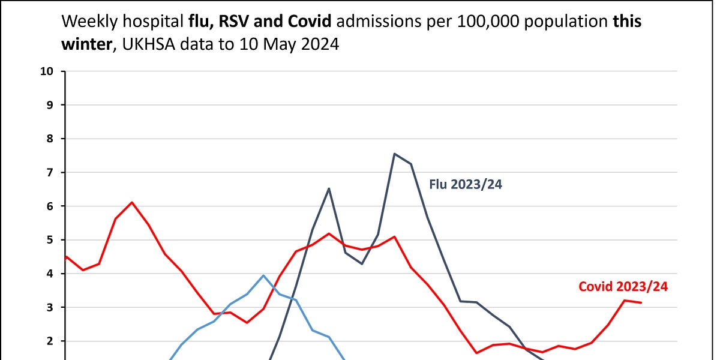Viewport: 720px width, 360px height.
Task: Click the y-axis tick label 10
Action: [x=47, y=71]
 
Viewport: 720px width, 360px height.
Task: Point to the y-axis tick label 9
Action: [x=50, y=105]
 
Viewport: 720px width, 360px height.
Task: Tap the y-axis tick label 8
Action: [x=50, y=139]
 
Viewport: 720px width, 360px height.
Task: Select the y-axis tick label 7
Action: [x=50, y=173]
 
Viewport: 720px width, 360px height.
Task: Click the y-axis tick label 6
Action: [x=50, y=206]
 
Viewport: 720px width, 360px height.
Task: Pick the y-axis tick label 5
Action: [x=50, y=240]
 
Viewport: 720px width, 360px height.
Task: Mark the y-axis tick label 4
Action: [x=50, y=274]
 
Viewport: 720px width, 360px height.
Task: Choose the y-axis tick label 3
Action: [x=50, y=308]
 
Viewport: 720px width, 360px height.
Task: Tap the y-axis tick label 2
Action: [x=50, y=341]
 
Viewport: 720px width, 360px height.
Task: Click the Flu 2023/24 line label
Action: [x=466, y=185]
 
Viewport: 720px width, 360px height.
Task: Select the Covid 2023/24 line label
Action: [x=623, y=286]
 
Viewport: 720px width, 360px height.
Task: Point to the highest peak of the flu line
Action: [x=394, y=154]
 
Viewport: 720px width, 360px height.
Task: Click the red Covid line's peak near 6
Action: [x=132, y=202]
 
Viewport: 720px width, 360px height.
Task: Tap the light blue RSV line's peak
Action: [x=263, y=275]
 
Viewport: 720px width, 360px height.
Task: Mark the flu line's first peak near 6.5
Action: [x=329, y=188]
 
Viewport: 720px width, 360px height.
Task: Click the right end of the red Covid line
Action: [x=641, y=302]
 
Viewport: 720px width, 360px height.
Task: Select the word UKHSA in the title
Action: [x=149, y=44]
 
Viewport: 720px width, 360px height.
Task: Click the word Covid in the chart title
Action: [x=310, y=21]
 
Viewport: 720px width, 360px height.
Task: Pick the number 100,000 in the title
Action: [x=488, y=22]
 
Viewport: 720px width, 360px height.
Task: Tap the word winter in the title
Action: [x=86, y=44]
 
